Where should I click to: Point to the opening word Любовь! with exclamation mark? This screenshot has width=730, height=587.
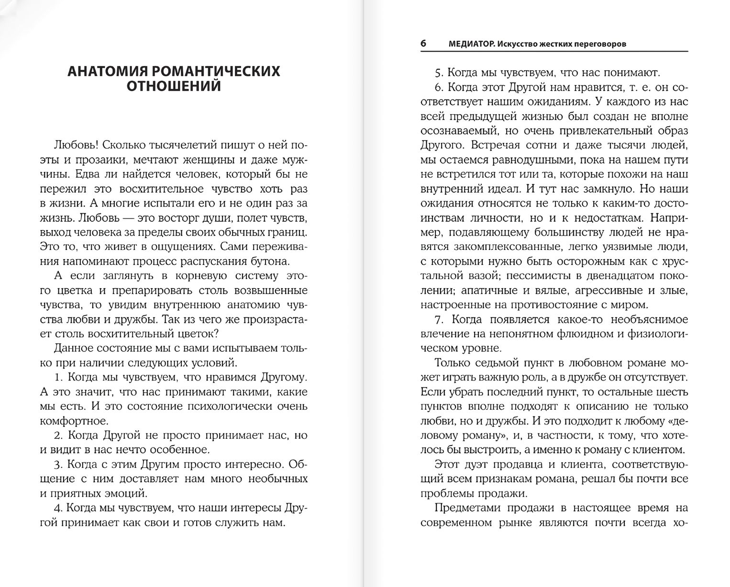76,144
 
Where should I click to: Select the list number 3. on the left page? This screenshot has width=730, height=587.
59,464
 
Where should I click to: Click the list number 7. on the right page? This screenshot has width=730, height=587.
440,319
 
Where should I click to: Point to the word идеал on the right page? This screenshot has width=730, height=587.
519,188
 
